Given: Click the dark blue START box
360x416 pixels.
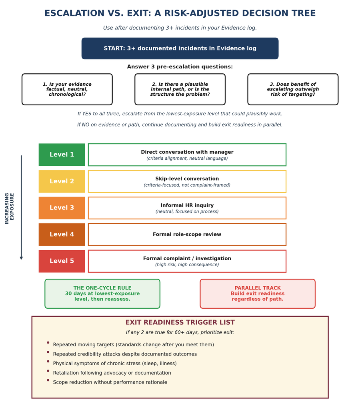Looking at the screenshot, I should tap(180, 48).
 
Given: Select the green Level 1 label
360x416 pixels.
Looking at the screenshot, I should tap(62, 155).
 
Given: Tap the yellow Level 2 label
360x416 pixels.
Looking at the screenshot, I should tap(62, 181).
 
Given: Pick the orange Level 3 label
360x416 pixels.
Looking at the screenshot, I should tap(62, 208).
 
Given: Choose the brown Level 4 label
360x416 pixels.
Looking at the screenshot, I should tap(62, 235).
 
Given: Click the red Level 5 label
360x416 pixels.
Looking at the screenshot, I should tap(62, 261).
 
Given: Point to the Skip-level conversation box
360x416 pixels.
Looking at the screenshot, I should tap(187, 181).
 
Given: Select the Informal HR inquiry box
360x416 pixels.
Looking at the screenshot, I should tap(187, 208).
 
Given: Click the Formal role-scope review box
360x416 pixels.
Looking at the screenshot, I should tap(187, 235).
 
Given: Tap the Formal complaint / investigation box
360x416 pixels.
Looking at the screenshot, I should tap(187, 261).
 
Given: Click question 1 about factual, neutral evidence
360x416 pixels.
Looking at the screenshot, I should tap(67, 89).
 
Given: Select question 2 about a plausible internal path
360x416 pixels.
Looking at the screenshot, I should tap(180, 89).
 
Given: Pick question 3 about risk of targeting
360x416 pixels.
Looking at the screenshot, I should tap(293, 89).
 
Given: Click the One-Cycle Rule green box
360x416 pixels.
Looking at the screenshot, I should tap(102, 294).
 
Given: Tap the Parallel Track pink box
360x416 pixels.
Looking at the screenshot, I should tap(258, 294).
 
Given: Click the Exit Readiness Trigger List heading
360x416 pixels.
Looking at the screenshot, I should tap(180, 323).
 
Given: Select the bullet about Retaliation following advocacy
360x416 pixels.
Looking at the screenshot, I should tap(112, 373).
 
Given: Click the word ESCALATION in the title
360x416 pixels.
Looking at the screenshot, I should tap(70, 14).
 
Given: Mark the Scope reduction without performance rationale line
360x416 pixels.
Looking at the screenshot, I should tap(110, 382).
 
